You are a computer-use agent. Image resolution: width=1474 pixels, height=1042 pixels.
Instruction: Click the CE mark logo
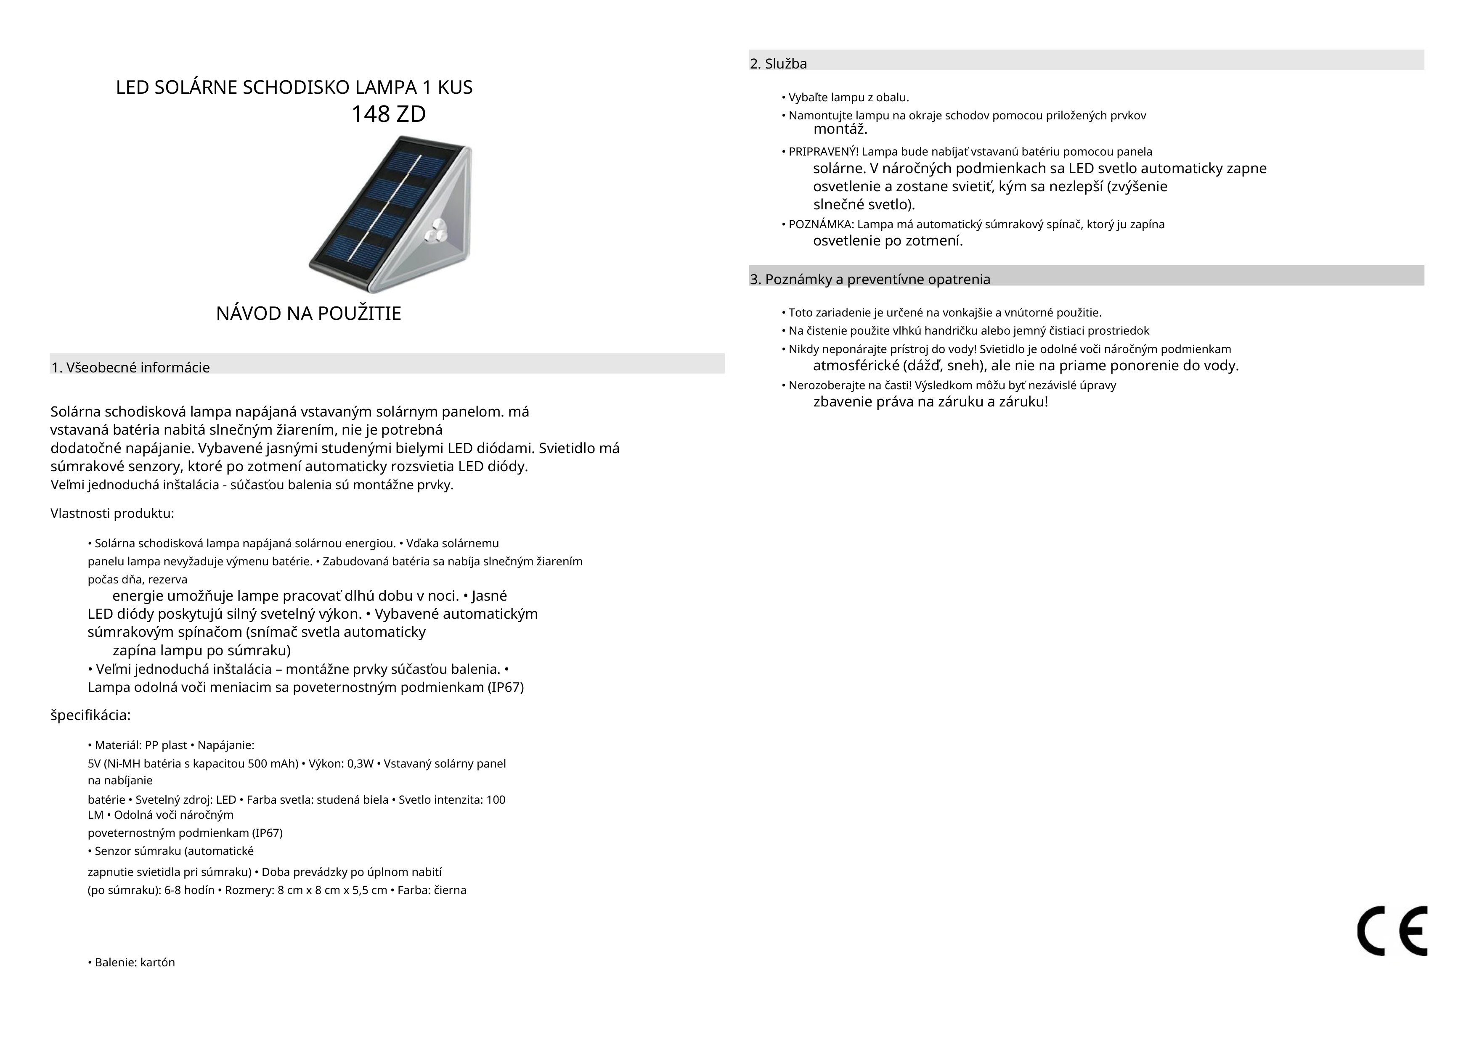pos(1392,931)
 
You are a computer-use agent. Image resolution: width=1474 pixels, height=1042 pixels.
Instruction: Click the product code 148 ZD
pos(388,114)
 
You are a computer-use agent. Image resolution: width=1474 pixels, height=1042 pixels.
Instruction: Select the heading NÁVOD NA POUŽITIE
pos(308,314)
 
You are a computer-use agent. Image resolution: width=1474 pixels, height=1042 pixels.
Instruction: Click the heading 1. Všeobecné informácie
pos(130,368)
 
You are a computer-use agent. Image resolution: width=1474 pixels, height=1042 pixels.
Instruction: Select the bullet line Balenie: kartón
pos(132,963)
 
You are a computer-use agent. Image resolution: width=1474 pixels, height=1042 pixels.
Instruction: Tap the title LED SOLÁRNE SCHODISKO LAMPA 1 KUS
pos(294,88)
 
